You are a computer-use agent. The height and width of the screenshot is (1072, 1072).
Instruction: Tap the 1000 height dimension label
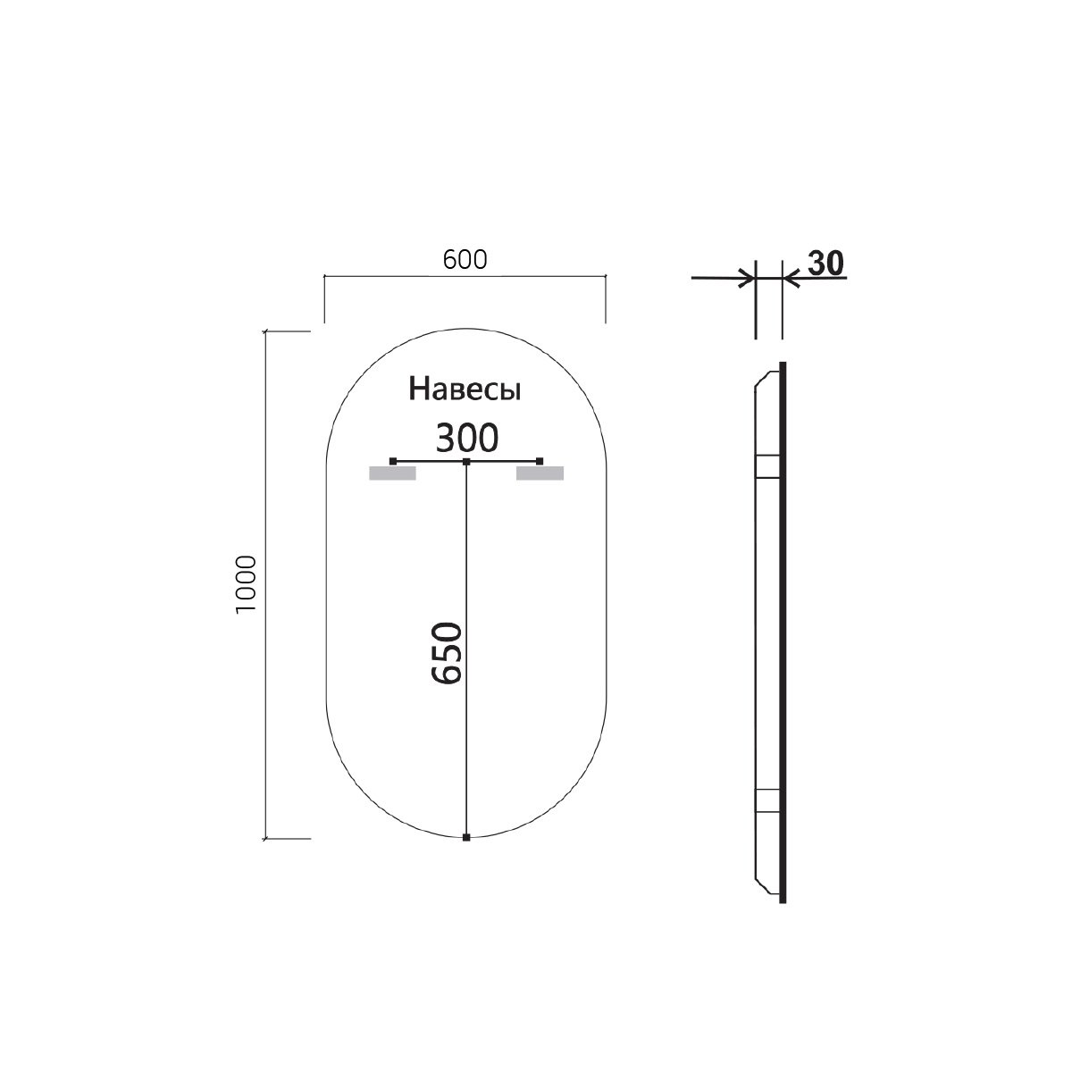(x=247, y=584)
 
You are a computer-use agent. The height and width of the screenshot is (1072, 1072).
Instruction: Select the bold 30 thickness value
(x=825, y=263)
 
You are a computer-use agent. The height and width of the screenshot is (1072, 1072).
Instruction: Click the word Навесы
(x=465, y=390)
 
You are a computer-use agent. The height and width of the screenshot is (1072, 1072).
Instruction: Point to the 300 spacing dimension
(x=465, y=439)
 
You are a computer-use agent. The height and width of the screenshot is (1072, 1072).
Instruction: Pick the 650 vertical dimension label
(x=448, y=653)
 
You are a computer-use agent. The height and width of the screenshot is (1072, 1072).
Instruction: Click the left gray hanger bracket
(x=393, y=474)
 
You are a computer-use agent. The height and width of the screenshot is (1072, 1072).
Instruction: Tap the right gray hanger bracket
(x=540, y=474)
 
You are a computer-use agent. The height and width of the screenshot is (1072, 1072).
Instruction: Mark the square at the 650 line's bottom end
(x=467, y=837)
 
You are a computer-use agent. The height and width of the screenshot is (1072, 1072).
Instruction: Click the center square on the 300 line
(x=466, y=461)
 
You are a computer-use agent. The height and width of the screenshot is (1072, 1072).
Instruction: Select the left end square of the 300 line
(x=393, y=461)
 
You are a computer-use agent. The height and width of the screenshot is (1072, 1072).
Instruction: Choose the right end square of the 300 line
(x=540, y=461)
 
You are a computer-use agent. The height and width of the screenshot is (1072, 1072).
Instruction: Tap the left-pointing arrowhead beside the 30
(x=791, y=278)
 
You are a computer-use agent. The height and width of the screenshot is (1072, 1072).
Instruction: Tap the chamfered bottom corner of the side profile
(x=762, y=884)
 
